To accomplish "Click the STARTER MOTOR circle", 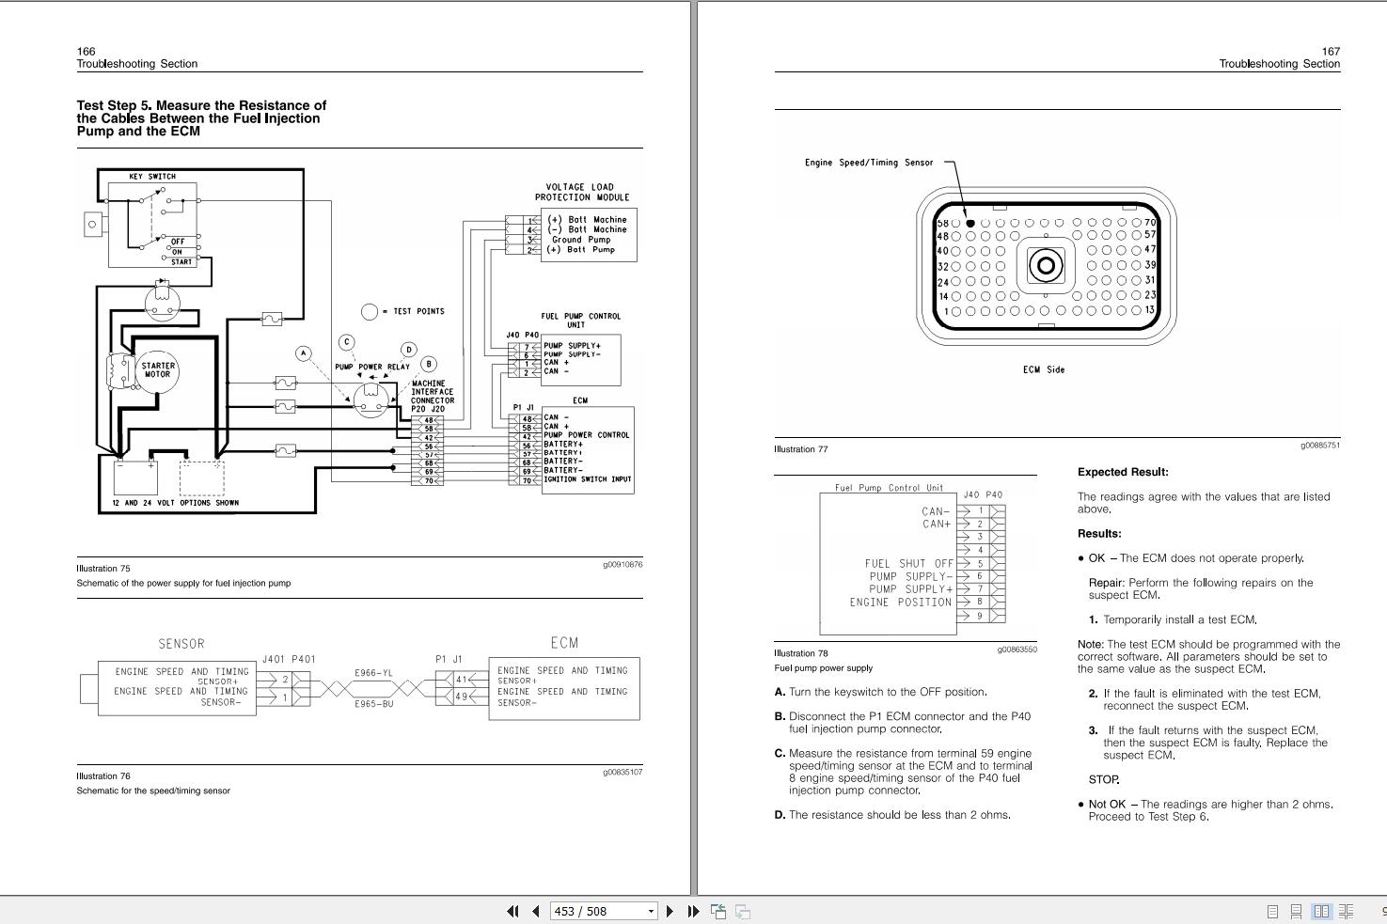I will coord(158,370).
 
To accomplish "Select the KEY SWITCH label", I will coord(152,177).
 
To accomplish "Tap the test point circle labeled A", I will coord(303,353).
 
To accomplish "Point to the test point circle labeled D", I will coord(408,350).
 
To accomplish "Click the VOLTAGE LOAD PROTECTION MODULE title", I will coord(583,193).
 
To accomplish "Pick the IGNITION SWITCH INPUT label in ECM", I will coord(588,479).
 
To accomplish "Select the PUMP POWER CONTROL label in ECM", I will coord(586,435).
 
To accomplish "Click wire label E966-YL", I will coord(373,673).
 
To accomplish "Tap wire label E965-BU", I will coord(373,703).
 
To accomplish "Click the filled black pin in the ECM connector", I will coord(970,224).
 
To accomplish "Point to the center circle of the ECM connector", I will coord(1046,266).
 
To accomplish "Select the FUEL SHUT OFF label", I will coord(908,564).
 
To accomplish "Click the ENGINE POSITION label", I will coord(900,603).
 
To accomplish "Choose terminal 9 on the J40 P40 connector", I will coord(980,616).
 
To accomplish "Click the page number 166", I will coord(86,52).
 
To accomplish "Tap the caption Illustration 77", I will coord(801,449).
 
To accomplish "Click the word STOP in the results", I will coord(1104,779).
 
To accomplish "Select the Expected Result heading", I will coord(1123,472).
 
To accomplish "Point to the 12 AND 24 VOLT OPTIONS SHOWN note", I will coord(175,503).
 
